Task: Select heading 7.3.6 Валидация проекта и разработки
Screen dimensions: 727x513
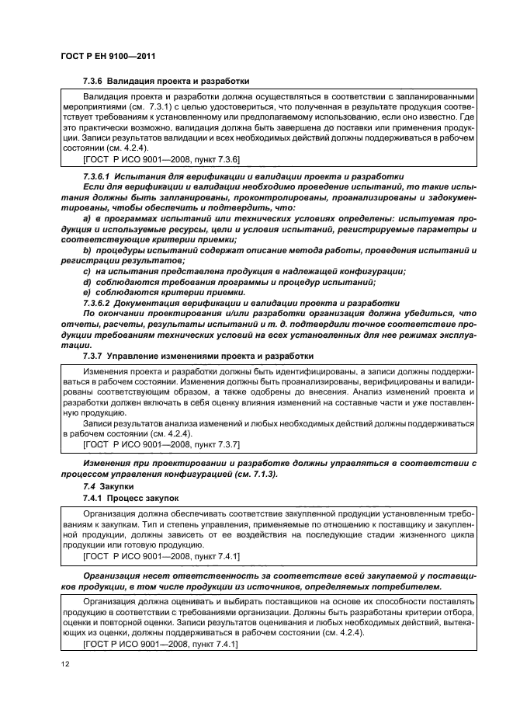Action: pos(166,81)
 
